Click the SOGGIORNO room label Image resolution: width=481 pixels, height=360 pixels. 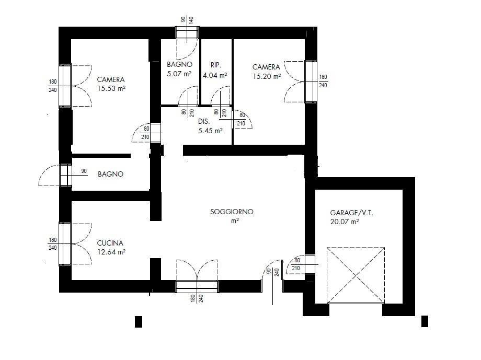(232, 212)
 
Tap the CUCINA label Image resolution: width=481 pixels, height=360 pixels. (110, 243)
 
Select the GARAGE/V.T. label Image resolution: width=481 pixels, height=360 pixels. (351, 213)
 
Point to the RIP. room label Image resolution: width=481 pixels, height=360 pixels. (215, 65)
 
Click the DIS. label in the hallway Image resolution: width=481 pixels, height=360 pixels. (204, 122)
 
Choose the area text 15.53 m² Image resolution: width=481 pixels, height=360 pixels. (111, 89)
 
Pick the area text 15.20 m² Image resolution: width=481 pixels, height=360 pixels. (266, 76)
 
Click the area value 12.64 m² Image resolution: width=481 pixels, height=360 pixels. (111, 252)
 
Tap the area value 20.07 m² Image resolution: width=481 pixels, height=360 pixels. (345, 222)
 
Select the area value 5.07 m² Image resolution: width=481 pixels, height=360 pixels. (179, 74)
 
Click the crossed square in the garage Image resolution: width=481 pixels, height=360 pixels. (356, 275)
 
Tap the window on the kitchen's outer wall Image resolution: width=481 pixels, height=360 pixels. (65, 243)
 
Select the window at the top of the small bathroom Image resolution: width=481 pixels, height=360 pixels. (187, 33)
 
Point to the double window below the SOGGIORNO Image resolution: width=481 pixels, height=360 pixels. (197, 286)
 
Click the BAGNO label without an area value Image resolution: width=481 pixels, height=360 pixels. (110, 175)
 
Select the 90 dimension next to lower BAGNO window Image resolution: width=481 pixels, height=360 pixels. (84, 171)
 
